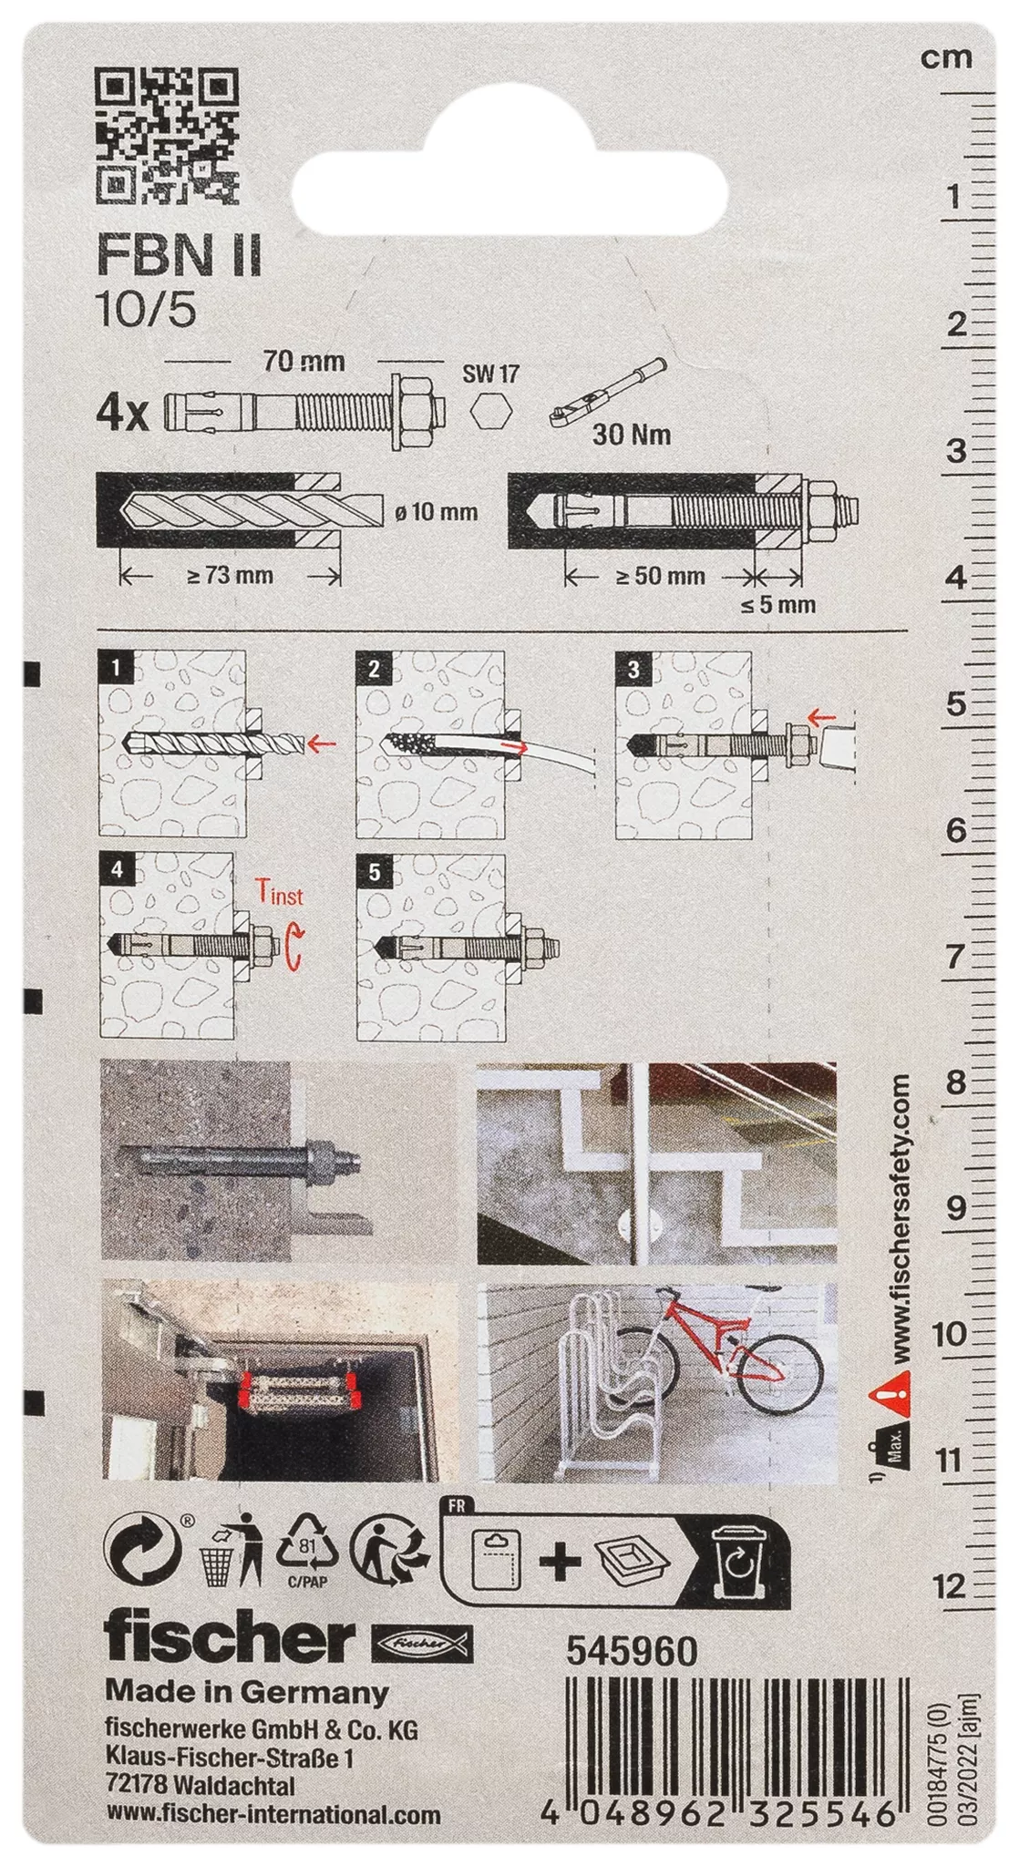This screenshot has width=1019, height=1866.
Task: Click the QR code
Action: coord(167,135)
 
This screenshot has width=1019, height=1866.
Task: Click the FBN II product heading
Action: coord(179,256)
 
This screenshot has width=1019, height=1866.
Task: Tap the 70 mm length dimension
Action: coord(304,362)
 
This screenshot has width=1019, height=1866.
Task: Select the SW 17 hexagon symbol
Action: coord(491,412)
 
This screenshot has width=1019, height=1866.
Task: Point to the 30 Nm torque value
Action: coord(633,435)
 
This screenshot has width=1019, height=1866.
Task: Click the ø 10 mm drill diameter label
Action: coord(437,512)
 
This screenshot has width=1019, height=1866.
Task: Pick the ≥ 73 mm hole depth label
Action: coord(231,576)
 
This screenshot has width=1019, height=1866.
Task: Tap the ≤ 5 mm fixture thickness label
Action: coord(777,604)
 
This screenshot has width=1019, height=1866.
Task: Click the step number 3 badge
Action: coord(633,670)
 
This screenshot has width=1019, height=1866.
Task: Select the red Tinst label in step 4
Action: coord(278,893)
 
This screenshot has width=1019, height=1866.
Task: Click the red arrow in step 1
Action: coord(321,744)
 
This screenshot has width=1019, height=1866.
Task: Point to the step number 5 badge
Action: coord(375,873)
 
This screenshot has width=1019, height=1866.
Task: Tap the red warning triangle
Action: coord(890,1394)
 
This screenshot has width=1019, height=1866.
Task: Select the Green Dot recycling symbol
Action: coord(141,1551)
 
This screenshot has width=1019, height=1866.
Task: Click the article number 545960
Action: coord(633,1651)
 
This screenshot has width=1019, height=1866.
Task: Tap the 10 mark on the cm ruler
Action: coord(949,1334)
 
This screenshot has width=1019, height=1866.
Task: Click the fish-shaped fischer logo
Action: coord(422,1643)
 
